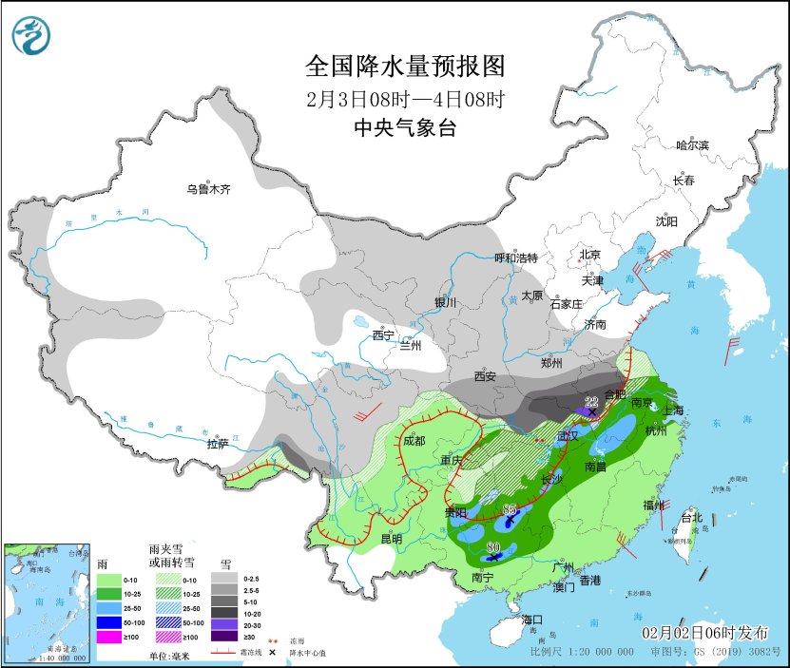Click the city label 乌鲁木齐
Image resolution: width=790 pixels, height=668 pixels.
tap(208, 190)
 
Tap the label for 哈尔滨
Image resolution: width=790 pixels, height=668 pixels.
tap(692, 144)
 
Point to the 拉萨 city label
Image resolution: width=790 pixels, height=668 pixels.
tap(218, 443)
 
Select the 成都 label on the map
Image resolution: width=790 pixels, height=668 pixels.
tap(414, 440)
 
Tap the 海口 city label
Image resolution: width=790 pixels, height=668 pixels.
tap(533, 620)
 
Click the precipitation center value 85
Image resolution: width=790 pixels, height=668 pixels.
tap(510, 509)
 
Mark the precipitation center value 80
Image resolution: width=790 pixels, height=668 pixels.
tap(493, 547)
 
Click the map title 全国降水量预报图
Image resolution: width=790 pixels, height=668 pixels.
tap(404, 66)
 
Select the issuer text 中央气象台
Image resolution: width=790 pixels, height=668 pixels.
tap(404, 128)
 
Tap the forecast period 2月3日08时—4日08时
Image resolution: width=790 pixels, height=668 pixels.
tap(404, 98)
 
